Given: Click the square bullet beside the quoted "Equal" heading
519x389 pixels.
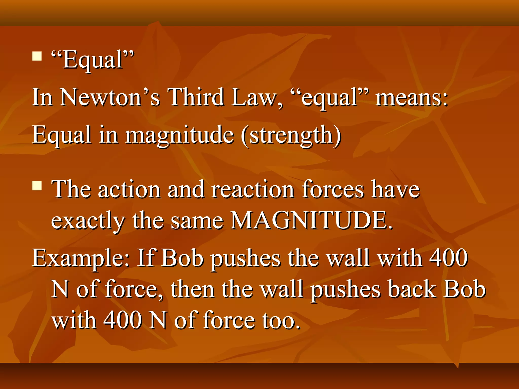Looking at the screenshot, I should coord(37,56).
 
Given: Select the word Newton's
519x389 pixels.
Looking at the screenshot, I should coord(110,98).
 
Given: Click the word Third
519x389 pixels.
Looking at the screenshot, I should coord(196,98).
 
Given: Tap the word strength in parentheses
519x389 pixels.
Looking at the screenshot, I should coord(291,135).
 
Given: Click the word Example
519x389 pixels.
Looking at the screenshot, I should coord(81,258).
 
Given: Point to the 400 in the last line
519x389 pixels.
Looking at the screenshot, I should coord(123,320).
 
